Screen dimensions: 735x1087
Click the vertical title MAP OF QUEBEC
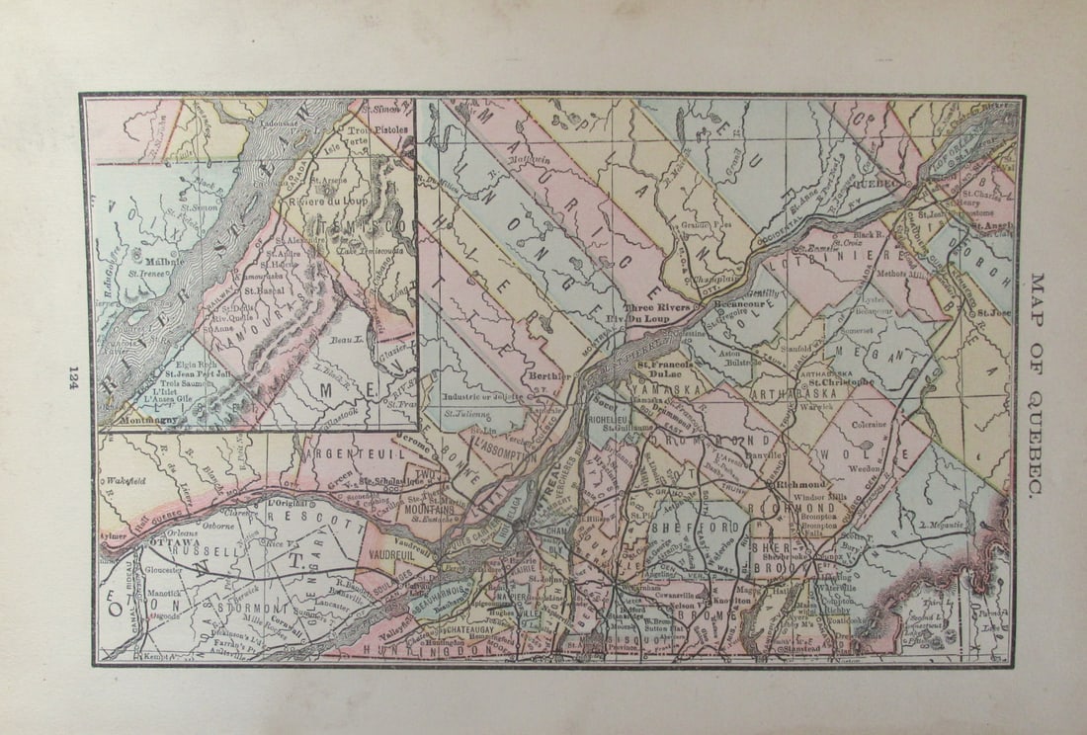(1037, 385)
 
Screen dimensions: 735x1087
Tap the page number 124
(72, 376)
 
